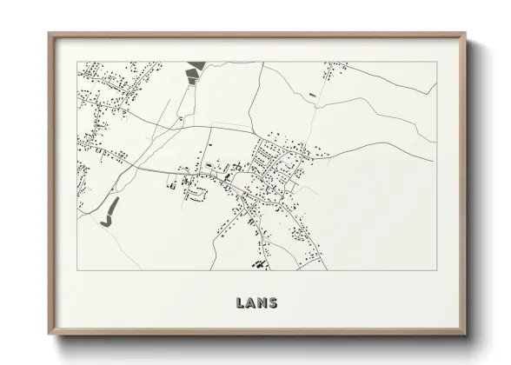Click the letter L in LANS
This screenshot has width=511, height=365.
(x=240, y=303)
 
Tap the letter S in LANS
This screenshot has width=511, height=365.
(x=273, y=303)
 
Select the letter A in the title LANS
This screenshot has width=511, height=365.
(x=250, y=303)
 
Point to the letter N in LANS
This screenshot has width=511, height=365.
(x=262, y=303)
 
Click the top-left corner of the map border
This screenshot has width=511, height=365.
(x=78, y=62)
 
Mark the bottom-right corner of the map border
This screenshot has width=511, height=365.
(x=435, y=270)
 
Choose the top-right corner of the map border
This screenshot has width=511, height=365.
(x=435, y=62)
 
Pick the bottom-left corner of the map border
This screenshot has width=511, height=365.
(x=78, y=270)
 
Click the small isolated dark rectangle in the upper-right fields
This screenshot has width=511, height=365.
(x=311, y=93)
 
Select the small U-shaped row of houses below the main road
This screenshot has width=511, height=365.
(x=199, y=195)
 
